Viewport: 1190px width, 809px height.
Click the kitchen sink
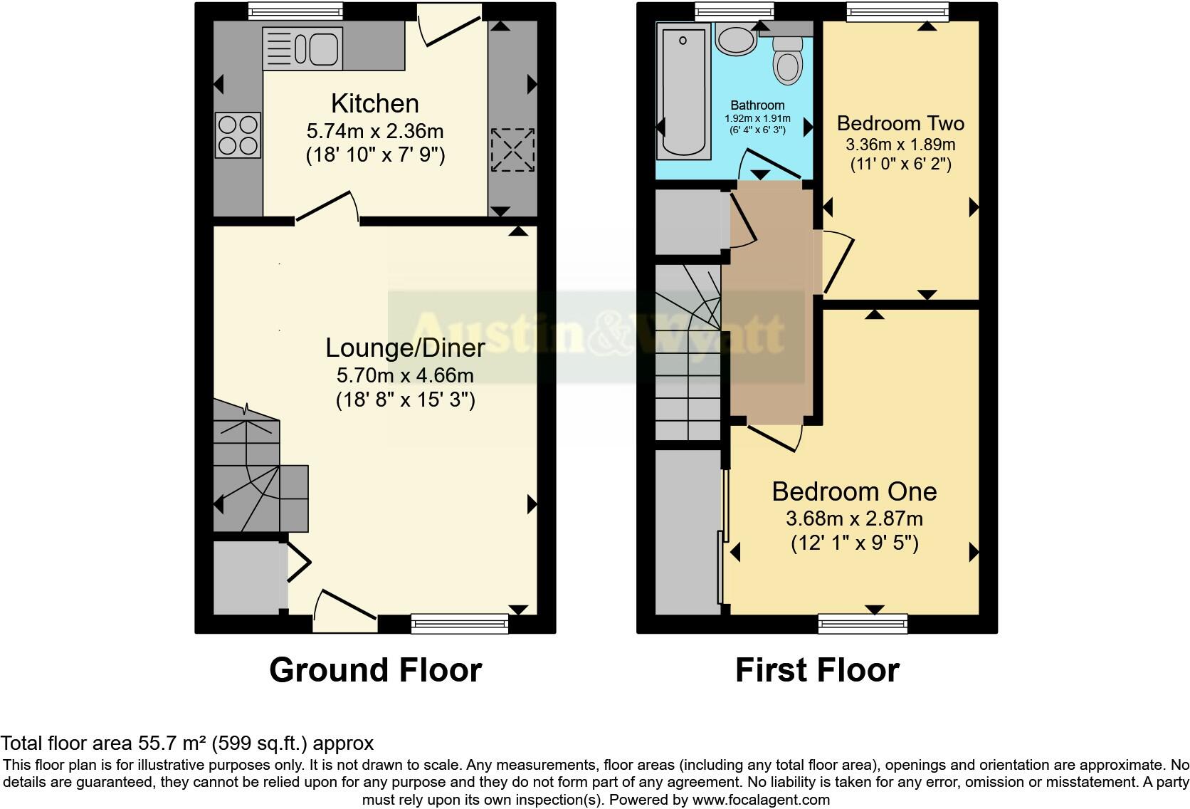[303, 48]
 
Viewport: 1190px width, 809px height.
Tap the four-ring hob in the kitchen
[238, 135]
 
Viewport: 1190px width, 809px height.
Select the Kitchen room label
[375, 104]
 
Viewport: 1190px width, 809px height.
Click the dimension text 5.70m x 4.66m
[405, 375]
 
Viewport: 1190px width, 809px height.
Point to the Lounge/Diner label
[405, 348]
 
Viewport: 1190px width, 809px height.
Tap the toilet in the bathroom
[787, 61]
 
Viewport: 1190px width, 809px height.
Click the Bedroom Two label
[900, 123]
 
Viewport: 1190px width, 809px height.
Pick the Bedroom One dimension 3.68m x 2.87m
[854, 518]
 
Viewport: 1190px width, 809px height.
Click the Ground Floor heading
[375, 670]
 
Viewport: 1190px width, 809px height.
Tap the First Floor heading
[817, 670]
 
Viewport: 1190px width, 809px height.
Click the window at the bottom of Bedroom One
[863, 625]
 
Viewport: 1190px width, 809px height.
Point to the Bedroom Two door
[837, 262]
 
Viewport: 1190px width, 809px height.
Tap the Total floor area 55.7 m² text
[186, 743]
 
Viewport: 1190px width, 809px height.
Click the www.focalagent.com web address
[760, 800]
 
